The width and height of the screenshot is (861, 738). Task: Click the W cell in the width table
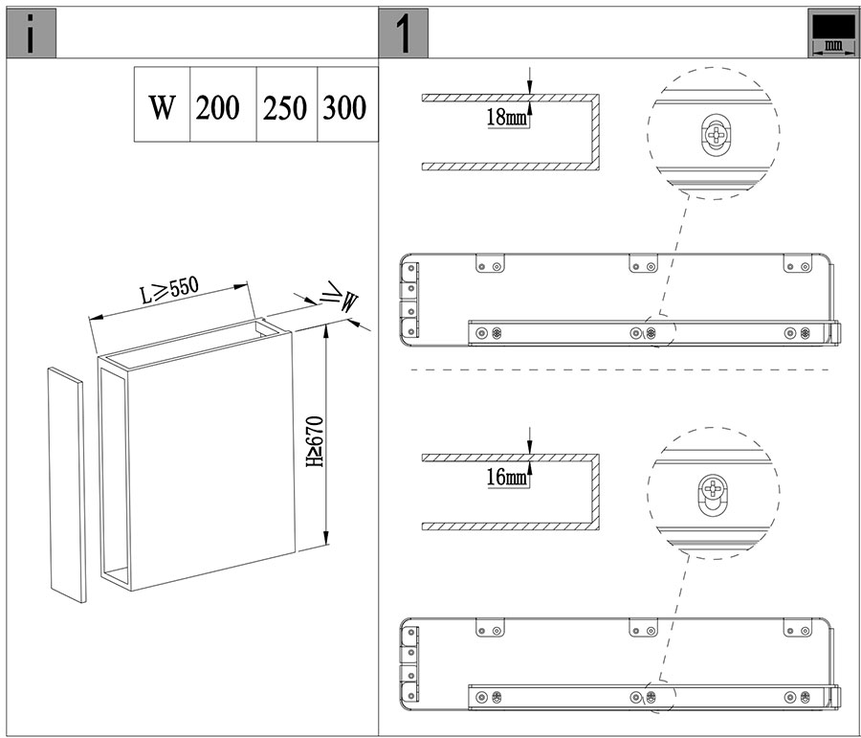162,105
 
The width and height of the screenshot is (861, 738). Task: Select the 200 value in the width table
217,108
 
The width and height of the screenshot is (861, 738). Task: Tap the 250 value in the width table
284,108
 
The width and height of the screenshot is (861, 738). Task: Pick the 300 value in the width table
344,108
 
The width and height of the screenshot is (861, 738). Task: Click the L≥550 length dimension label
168,290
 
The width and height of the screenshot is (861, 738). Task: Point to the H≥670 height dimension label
315,442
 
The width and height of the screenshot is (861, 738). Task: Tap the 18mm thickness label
507,117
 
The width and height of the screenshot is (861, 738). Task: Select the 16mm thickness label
507,477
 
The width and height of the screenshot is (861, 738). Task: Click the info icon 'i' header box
32,33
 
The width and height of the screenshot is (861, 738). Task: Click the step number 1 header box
403,33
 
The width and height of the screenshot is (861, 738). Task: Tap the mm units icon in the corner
832,33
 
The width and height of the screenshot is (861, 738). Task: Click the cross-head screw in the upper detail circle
716,134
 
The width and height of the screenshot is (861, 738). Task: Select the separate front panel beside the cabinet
67,485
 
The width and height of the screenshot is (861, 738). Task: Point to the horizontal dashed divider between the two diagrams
619,369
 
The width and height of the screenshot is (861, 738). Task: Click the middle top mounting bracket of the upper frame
643,263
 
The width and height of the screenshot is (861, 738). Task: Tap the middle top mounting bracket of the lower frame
643,628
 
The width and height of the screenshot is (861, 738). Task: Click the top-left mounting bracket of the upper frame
489,263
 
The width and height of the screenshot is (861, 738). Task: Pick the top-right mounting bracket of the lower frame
797,628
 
